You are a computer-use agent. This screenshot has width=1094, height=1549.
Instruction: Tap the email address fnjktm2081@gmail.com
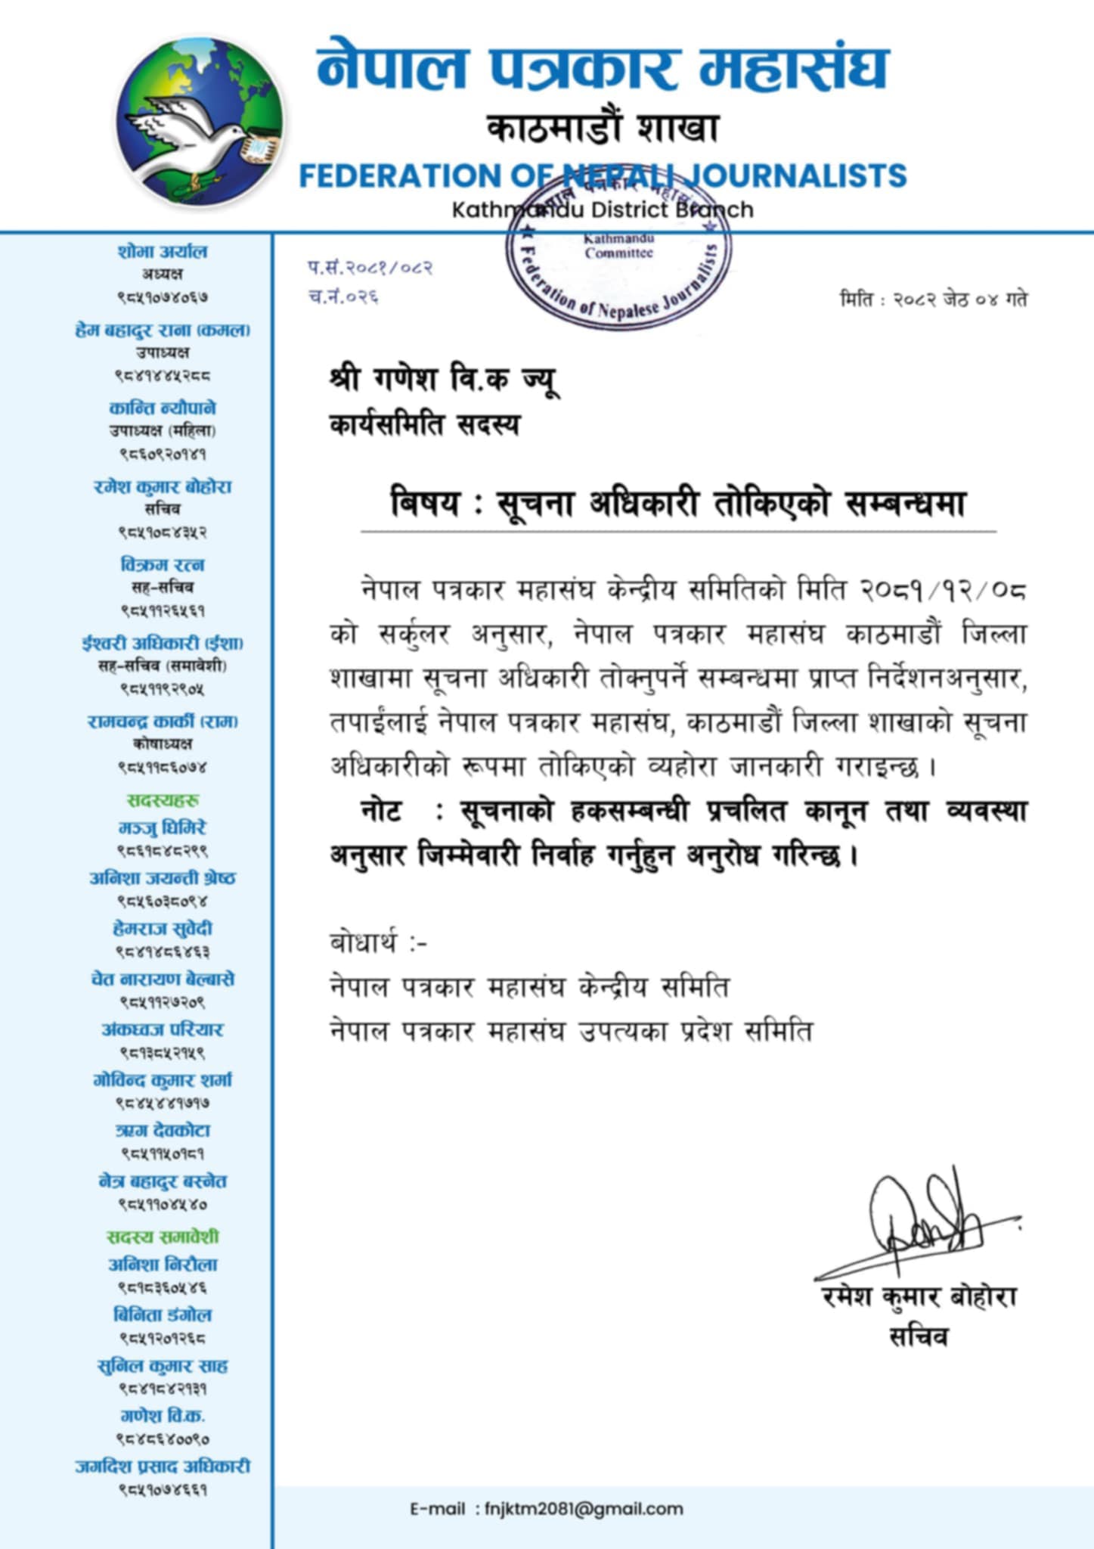click(584, 1509)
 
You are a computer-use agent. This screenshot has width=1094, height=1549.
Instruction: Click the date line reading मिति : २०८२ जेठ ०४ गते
click(933, 299)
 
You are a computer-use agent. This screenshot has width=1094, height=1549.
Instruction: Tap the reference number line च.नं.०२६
click(342, 296)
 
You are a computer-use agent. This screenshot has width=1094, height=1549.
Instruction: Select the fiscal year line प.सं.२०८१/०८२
click(370, 267)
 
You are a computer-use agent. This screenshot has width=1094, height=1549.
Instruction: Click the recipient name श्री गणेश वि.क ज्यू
click(444, 378)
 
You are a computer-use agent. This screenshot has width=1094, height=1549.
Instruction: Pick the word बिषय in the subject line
click(424, 503)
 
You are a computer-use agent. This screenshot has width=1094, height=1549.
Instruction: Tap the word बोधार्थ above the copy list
click(363, 943)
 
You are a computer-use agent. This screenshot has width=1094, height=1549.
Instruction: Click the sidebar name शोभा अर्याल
click(162, 251)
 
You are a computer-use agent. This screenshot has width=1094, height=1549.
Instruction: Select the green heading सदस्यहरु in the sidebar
click(163, 800)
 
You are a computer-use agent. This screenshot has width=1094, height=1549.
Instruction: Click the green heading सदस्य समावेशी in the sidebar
click(162, 1237)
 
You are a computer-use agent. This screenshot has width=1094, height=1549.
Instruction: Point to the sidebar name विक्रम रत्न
click(162, 564)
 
